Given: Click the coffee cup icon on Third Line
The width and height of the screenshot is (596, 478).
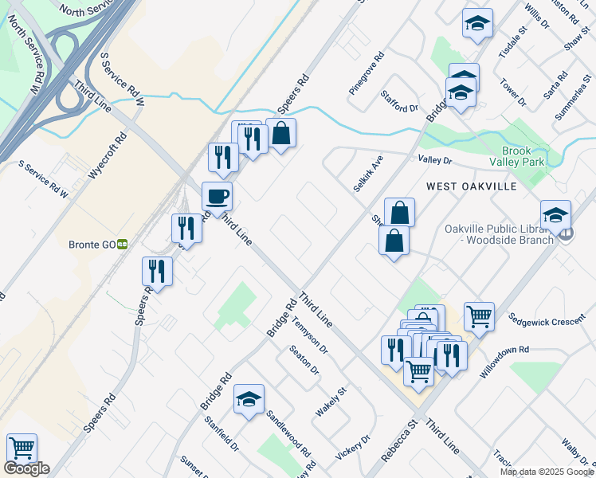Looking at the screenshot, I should coord(217,196).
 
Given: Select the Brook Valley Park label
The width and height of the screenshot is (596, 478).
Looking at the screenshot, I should coord(523,156).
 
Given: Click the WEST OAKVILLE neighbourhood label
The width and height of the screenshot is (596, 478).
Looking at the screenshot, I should coord(472,186).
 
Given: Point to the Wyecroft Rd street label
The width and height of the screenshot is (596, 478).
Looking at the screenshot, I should coord(108,155).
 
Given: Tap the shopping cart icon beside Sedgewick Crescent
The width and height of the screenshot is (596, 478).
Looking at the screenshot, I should coord(479,316).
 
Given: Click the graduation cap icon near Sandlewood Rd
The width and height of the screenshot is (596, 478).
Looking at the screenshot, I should coord(249,400).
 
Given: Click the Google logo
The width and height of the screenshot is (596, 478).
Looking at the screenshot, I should coord(26,468).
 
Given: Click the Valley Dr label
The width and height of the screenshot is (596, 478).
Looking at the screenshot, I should coord(435,160).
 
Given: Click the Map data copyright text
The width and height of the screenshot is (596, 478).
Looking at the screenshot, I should coord(547,472).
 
